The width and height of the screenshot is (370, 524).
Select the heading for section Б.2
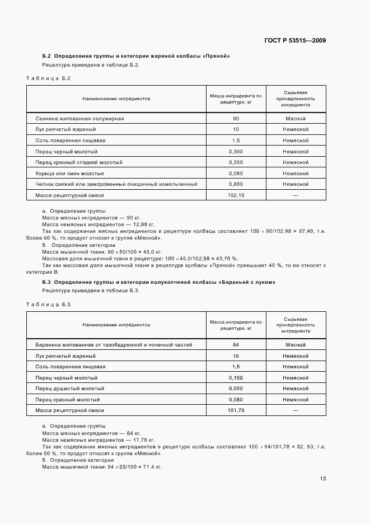tap(136, 57)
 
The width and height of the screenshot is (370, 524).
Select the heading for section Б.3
tap(158, 282)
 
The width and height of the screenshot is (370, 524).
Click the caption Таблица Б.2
tap(48, 78)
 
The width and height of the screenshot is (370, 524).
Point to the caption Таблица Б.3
tap(48, 304)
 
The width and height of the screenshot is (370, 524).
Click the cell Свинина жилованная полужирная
tap(79, 119)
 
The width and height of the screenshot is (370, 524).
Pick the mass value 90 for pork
tap(236, 119)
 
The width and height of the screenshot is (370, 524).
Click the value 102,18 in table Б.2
tap(236, 195)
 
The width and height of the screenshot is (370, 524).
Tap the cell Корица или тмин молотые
tap(69, 174)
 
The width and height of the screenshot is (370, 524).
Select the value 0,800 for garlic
tap(236, 184)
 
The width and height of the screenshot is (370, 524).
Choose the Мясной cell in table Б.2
tap(295, 119)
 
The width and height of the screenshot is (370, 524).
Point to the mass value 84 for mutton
tap(236, 345)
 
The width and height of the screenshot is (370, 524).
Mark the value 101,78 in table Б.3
tap(236, 411)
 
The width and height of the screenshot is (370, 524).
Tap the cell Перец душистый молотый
tap(69, 389)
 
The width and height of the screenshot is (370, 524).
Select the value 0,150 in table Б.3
tap(236, 378)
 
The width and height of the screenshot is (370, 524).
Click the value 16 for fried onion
tap(236, 356)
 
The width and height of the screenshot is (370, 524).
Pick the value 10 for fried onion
tap(236, 130)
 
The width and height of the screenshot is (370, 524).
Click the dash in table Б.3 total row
tap(295, 411)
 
